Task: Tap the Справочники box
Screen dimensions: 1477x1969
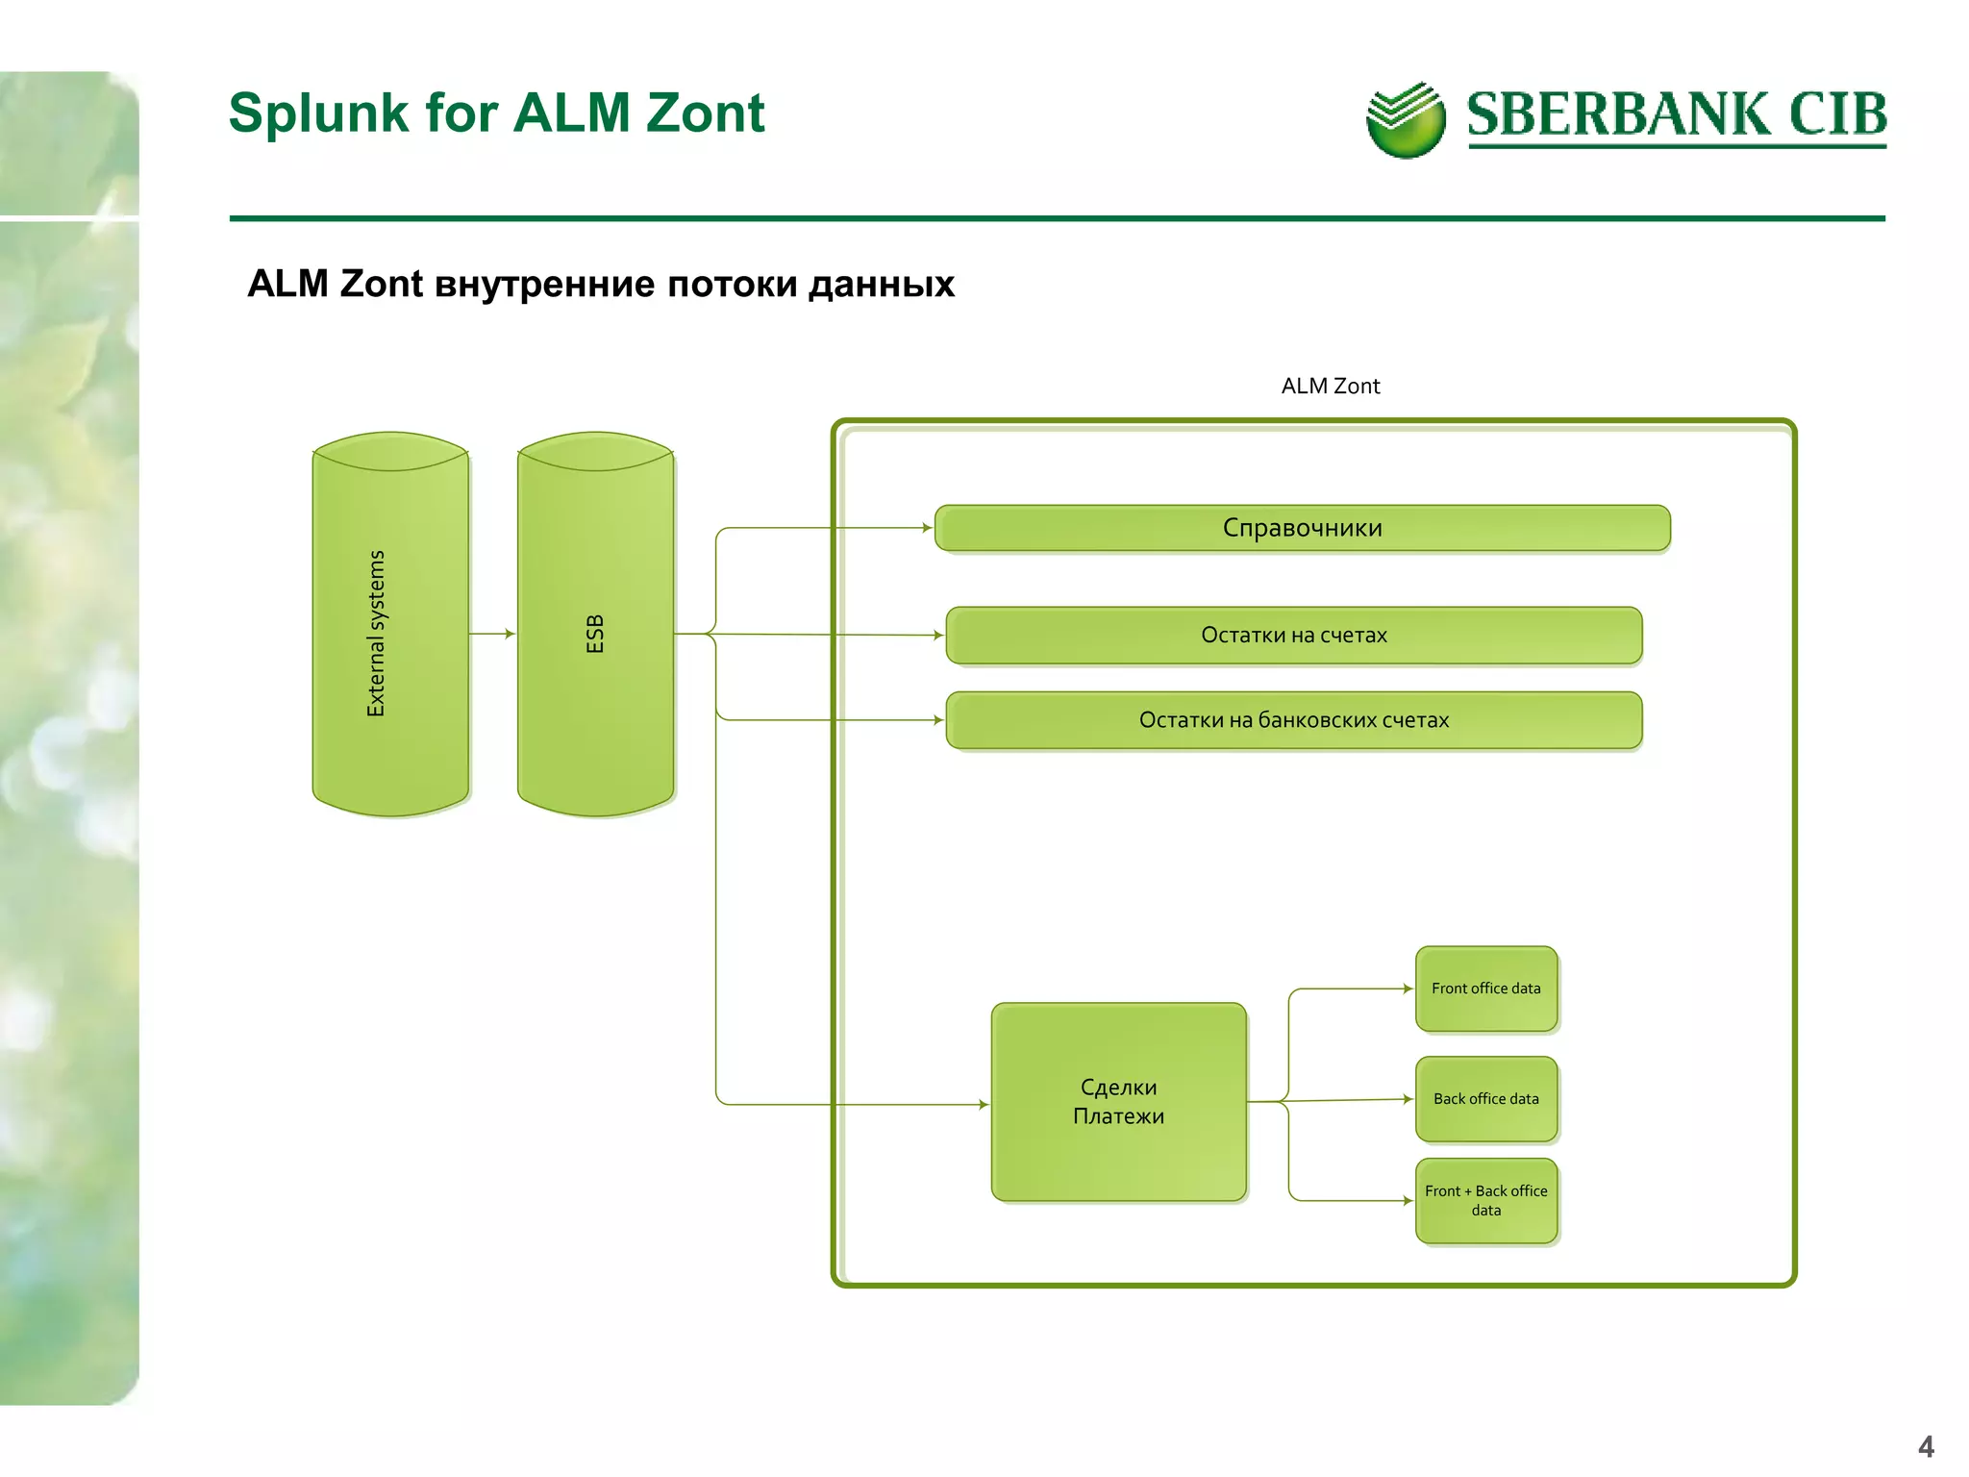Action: click(x=1302, y=528)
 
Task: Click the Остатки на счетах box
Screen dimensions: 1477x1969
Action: click(x=1293, y=636)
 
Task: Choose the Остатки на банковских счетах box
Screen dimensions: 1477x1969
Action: click(x=1293, y=720)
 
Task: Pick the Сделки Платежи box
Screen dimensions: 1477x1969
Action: click(x=1118, y=1102)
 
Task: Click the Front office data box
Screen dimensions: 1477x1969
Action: click(x=1485, y=989)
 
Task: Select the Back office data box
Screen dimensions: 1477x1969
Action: click(x=1485, y=1099)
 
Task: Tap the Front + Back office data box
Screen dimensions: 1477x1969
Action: click(x=1485, y=1201)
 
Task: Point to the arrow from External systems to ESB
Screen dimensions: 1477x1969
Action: click(x=492, y=634)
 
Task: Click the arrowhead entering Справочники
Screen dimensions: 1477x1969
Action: click(x=927, y=528)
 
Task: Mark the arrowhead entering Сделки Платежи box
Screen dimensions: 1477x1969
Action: click(x=983, y=1105)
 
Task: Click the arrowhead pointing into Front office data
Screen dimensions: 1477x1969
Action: click(x=1408, y=989)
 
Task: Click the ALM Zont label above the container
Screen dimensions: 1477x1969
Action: click(x=1330, y=387)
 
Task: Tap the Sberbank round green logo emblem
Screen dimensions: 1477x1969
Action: click(x=1405, y=121)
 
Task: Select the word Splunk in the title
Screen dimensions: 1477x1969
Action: click(x=319, y=113)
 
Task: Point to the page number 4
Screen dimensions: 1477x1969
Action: click(x=1926, y=1446)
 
